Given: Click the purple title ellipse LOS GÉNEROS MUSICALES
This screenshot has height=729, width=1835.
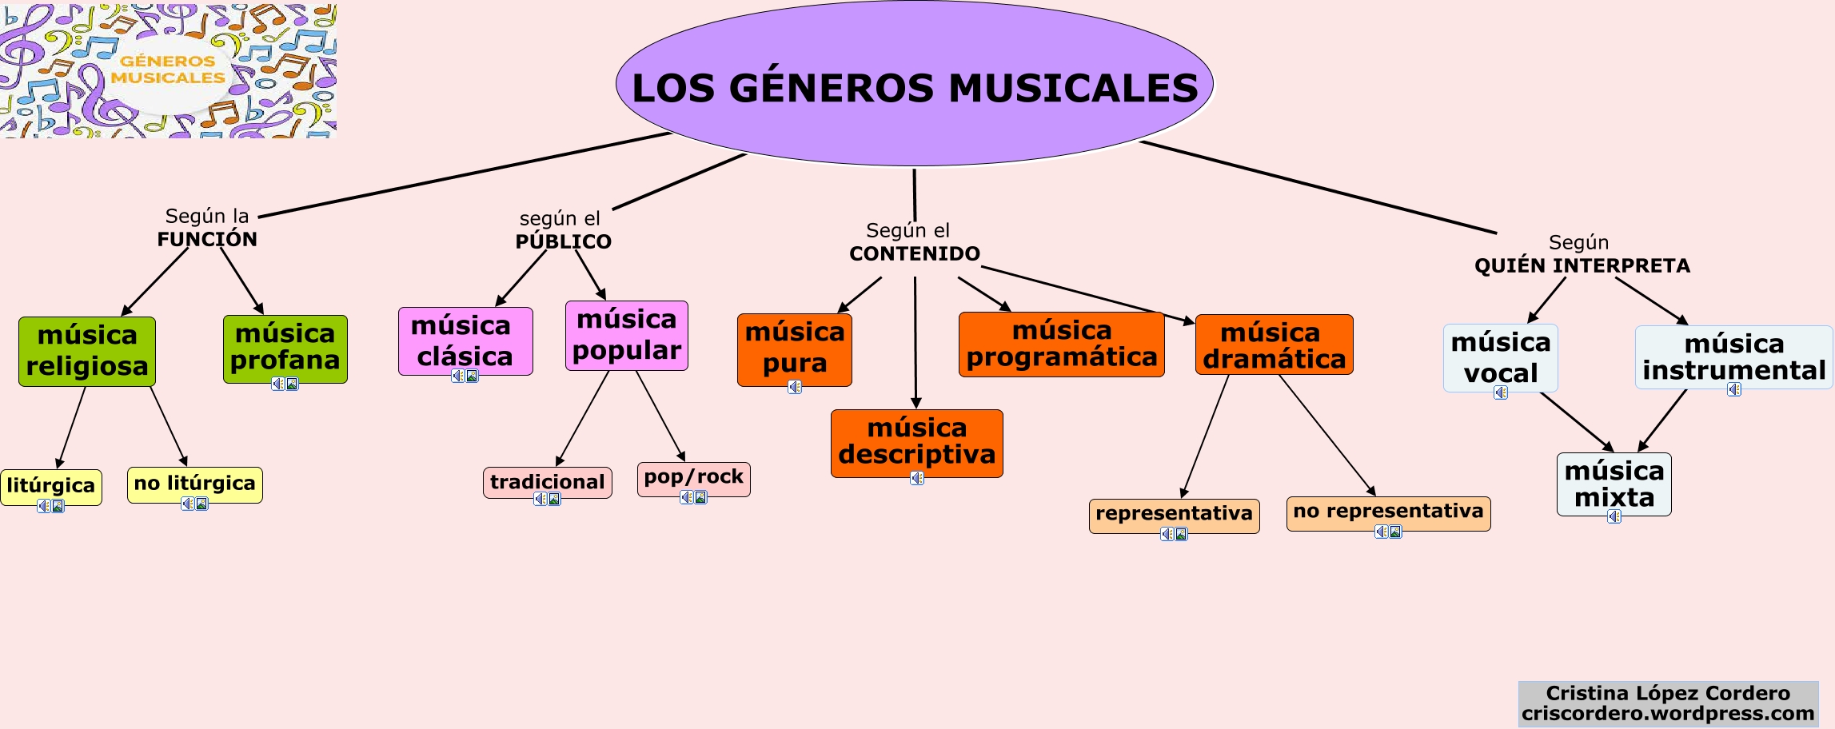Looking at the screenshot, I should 914,85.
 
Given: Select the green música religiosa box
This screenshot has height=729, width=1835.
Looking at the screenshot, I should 87,352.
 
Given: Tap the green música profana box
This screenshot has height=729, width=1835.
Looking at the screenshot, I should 285,348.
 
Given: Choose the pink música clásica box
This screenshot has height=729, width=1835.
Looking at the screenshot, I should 465,341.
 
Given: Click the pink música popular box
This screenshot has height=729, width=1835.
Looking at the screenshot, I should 626,335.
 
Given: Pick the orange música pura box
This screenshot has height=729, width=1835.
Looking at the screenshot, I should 794,349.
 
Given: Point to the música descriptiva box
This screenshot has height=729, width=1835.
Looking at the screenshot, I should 916,442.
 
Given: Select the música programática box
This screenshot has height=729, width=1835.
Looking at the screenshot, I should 1061,344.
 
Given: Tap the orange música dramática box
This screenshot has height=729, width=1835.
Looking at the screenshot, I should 1274,345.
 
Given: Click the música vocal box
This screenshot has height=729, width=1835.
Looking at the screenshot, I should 1500,357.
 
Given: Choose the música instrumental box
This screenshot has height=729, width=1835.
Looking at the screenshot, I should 1733,357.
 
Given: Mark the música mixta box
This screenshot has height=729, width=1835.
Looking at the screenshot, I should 1614,484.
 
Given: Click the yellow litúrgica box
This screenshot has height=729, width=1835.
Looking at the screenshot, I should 51,486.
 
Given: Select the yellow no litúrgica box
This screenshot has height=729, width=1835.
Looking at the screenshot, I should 194,484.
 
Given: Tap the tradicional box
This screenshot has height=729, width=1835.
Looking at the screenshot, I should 547,482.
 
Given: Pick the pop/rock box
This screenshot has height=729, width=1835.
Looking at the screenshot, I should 693,478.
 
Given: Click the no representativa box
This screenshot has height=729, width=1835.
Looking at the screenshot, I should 1388,512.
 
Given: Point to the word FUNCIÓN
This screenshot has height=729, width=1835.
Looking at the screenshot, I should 207,239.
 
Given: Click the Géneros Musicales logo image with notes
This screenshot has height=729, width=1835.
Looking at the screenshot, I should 168,70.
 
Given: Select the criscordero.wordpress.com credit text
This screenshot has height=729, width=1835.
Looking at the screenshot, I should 1667,714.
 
